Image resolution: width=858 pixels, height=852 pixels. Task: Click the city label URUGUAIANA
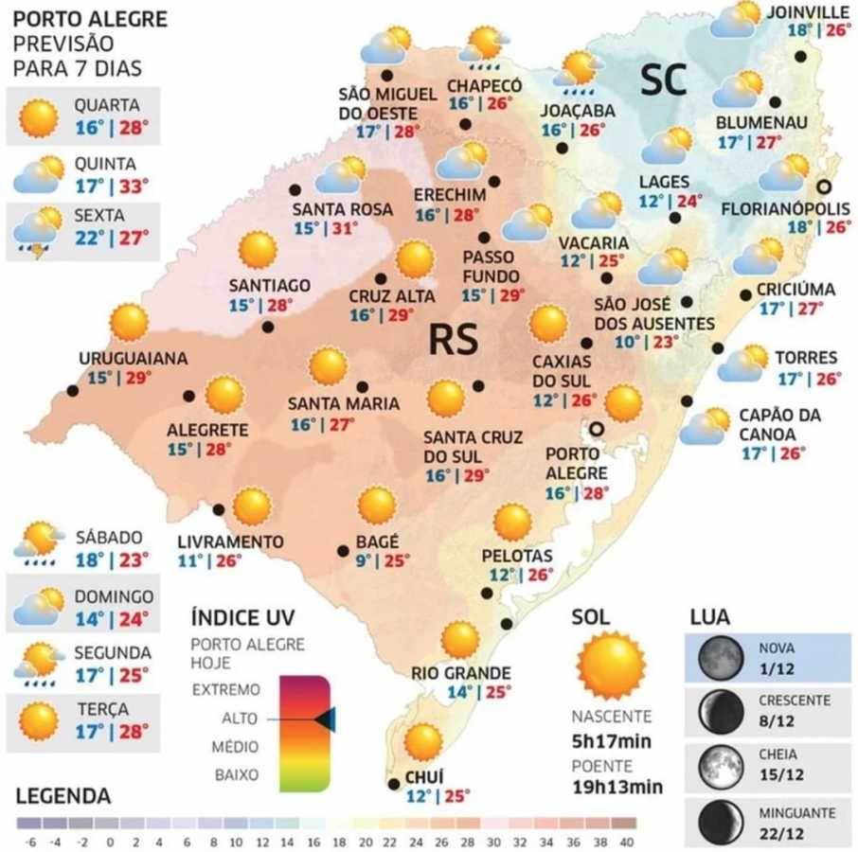coord(133,358)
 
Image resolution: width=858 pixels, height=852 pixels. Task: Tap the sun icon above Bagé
coord(377,505)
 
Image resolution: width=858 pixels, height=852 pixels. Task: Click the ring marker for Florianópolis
coord(825,186)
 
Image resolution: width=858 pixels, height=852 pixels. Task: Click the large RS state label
coord(452,340)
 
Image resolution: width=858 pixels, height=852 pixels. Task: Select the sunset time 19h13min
coord(617,787)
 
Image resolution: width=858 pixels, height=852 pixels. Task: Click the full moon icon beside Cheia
coord(717,764)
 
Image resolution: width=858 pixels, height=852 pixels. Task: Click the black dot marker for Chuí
coord(394,784)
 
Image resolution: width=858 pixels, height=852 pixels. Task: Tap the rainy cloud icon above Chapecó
coord(485,46)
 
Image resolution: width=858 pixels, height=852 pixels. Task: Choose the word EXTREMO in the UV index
coord(225,690)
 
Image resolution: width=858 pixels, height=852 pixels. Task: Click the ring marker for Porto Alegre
coord(597,429)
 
